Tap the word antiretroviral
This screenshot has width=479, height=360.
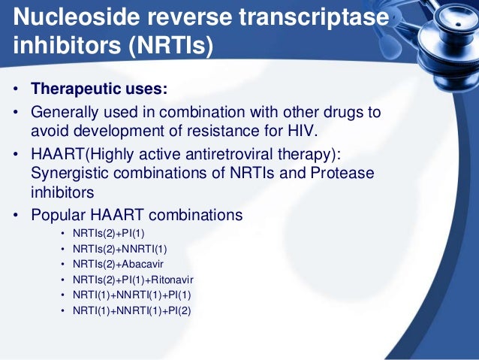[x=237, y=153]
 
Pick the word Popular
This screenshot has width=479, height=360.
[x=60, y=215]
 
